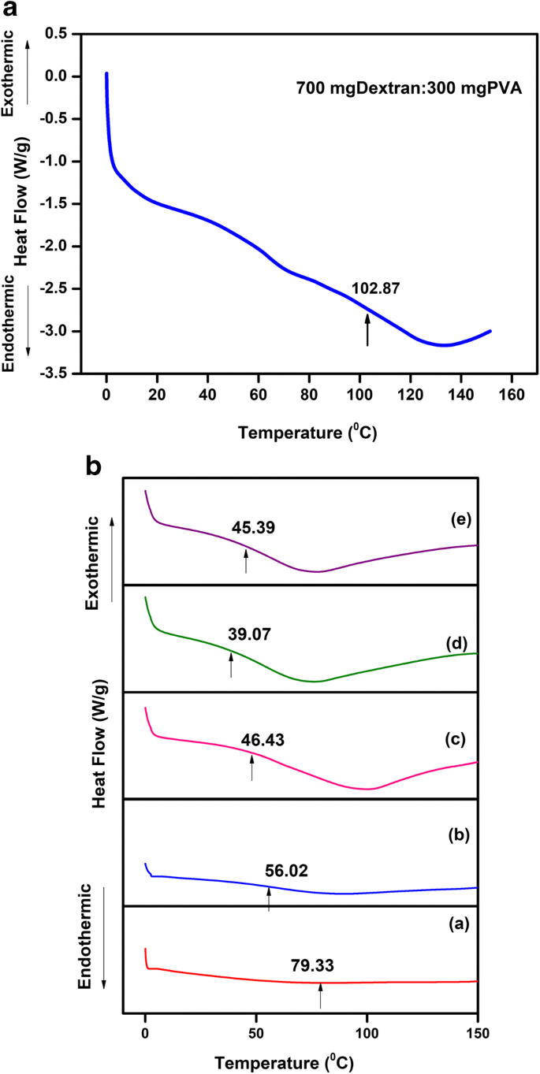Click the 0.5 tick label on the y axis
[x=55, y=34]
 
